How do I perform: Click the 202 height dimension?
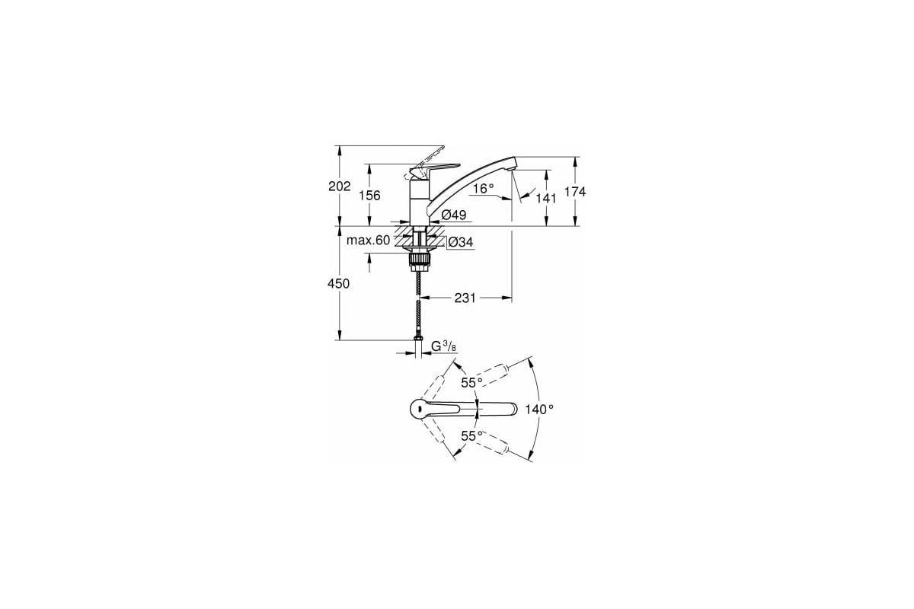tap(340, 187)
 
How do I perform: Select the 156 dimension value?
tap(369, 195)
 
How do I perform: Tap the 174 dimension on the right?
tap(576, 192)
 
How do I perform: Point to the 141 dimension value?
tap(546, 197)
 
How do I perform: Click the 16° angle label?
tap(483, 187)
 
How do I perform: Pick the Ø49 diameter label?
tap(453, 215)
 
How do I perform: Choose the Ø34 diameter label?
tap(461, 242)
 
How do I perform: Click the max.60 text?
tap(369, 241)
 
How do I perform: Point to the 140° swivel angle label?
tap(539, 409)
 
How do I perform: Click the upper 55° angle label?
tap(472, 382)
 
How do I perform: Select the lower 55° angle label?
tap(472, 435)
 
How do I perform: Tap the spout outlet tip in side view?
tap(513, 163)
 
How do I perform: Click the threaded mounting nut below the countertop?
tap(419, 261)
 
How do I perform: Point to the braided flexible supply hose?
tap(419, 304)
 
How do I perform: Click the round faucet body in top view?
tap(417, 409)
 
